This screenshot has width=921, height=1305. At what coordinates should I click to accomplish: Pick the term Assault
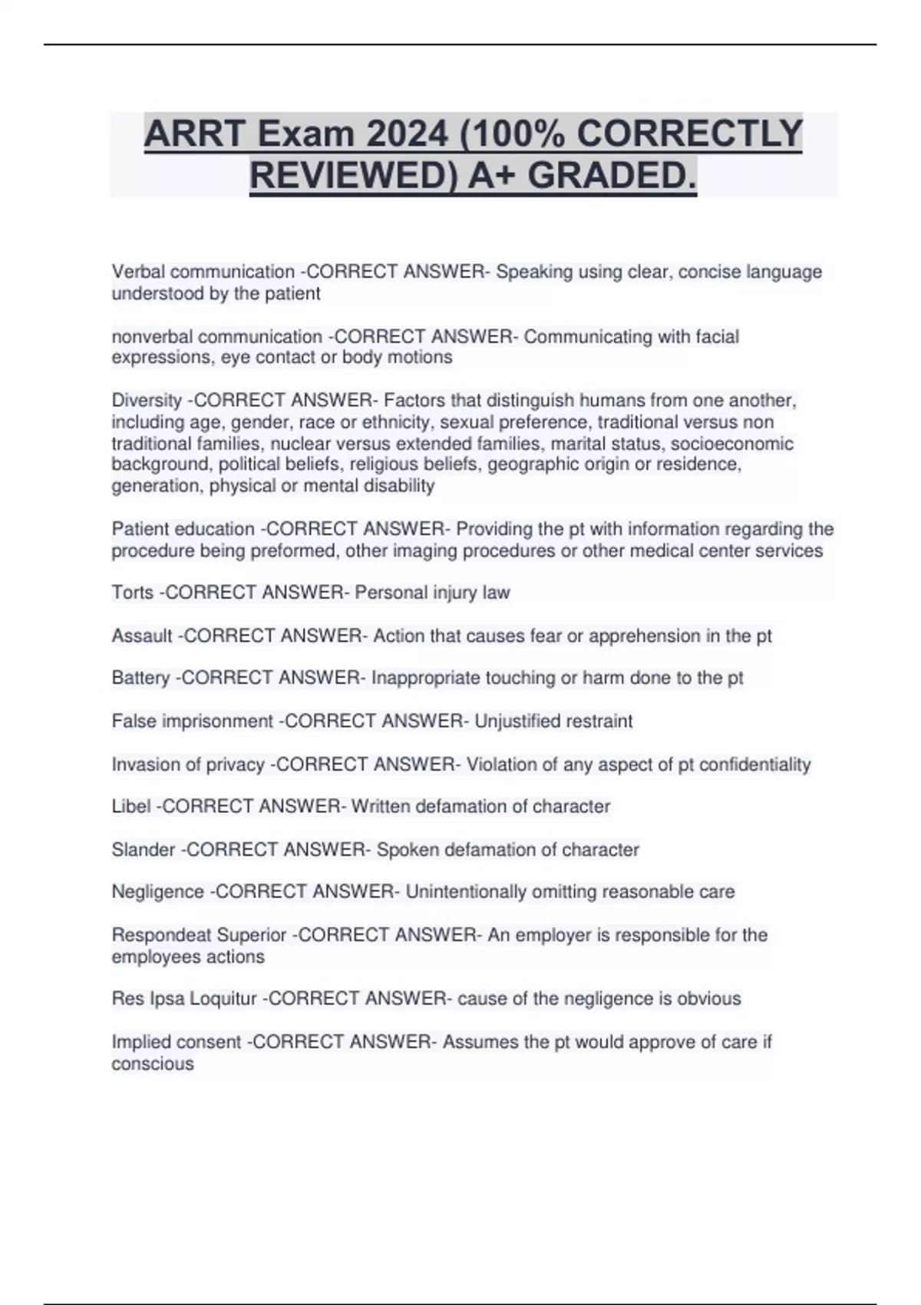pos(142,636)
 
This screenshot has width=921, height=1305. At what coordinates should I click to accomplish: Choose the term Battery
pos(140,678)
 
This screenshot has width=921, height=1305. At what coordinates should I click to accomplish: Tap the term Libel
pos(131,807)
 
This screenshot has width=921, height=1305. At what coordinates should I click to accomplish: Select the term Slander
pos(144,850)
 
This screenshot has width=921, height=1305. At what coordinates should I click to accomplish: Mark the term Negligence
pos(157,892)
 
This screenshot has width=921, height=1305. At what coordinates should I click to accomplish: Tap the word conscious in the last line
pos(152,1064)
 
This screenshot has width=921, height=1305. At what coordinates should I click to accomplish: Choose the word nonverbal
pos(153,336)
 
